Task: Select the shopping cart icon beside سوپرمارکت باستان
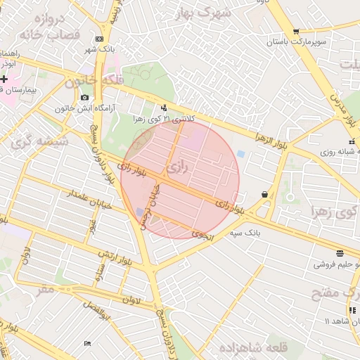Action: [x=295, y=31]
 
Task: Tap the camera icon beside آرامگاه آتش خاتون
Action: [x=85, y=98]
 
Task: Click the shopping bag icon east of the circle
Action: [x=264, y=194]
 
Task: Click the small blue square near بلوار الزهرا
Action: [x=241, y=153]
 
